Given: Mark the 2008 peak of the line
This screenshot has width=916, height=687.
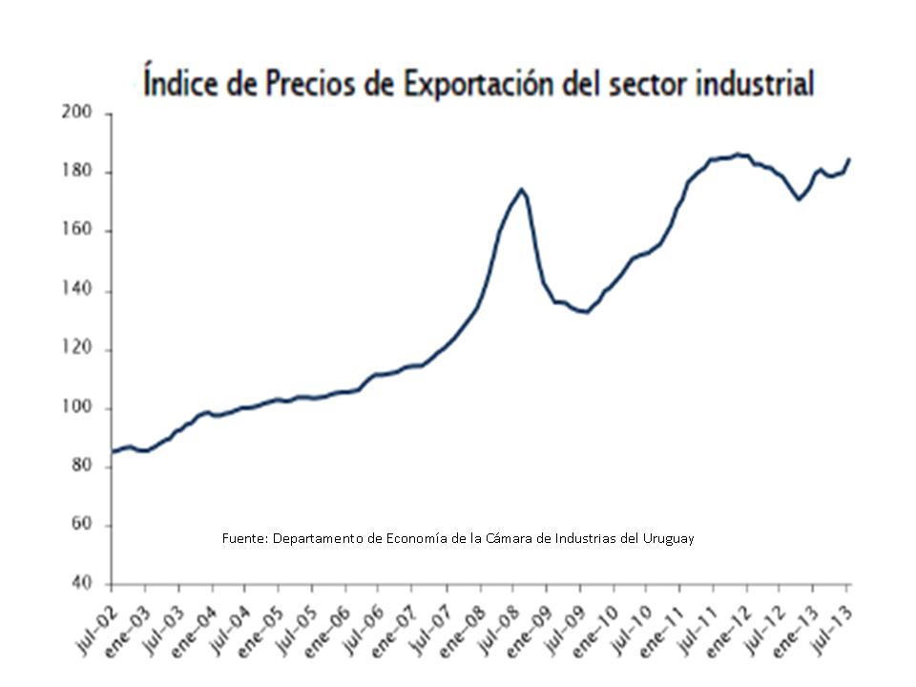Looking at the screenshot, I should pyautogui.click(x=521, y=189).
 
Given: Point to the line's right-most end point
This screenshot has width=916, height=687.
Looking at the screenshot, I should pyautogui.click(x=849, y=159).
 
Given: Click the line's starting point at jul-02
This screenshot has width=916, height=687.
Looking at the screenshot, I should pyautogui.click(x=113, y=451).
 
